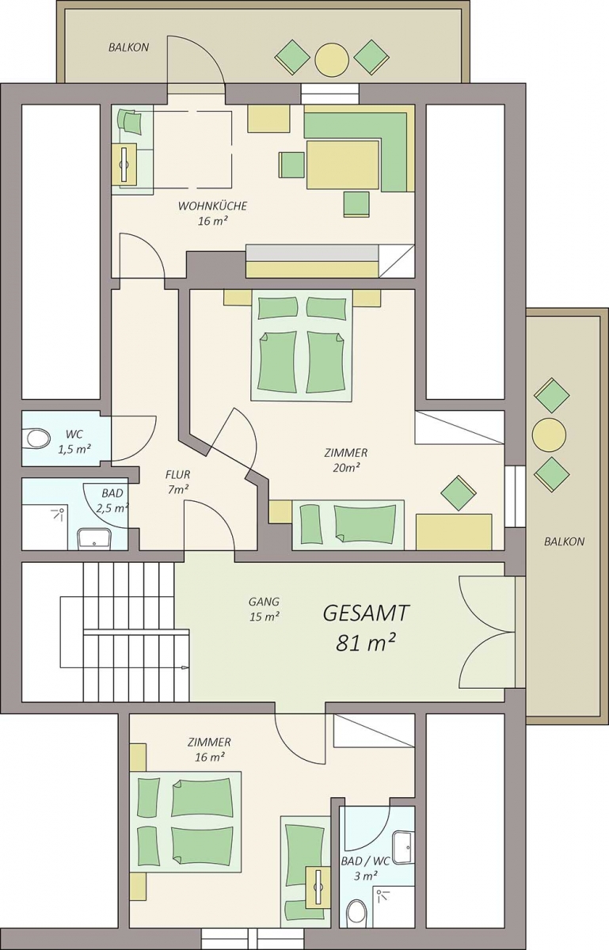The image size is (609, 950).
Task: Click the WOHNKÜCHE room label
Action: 212,206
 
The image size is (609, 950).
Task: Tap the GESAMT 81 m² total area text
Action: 366,628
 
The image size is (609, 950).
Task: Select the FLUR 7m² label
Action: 178,482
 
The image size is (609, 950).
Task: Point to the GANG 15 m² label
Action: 264,609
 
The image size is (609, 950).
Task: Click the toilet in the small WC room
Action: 37,438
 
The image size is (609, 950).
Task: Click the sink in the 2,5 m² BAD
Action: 93,538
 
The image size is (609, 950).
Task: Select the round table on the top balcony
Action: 332,59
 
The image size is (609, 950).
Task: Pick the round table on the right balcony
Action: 549,435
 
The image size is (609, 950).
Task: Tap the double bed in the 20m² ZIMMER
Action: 301,345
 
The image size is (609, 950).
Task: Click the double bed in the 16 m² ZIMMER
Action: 186,821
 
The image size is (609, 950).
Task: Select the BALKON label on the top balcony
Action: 128,47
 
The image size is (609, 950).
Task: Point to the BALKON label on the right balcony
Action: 565,541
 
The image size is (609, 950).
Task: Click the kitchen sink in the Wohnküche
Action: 124,165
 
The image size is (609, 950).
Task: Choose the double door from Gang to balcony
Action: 487,632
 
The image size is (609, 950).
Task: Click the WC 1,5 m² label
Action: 74,442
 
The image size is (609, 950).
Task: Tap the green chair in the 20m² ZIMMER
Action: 459,492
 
